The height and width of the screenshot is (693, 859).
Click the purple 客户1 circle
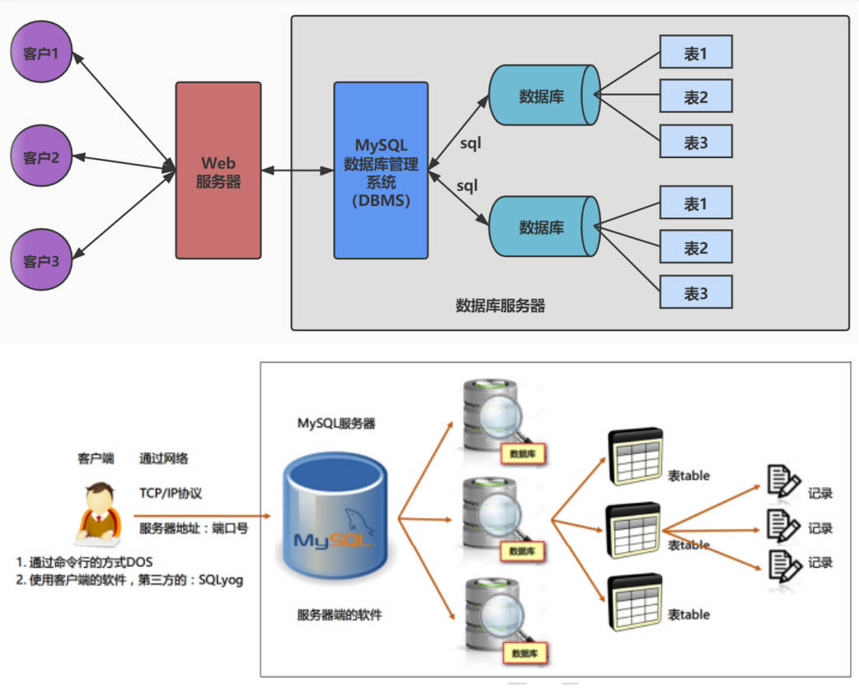pyautogui.click(x=41, y=52)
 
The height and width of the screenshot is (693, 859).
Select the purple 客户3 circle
pyautogui.click(x=41, y=260)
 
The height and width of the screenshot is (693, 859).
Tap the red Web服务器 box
pyautogui.click(x=218, y=171)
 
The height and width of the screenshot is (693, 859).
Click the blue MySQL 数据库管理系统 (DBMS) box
pyautogui.click(x=381, y=171)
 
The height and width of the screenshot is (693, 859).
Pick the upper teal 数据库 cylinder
pyautogui.click(x=544, y=96)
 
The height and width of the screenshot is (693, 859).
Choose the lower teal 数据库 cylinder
pyautogui.click(x=544, y=227)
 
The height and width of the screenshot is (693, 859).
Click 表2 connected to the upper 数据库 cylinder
pyautogui.click(x=696, y=96)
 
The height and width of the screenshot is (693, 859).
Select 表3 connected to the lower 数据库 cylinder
pyautogui.click(x=696, y=293)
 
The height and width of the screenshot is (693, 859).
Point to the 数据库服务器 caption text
pyautogui.click(x=500, y=306)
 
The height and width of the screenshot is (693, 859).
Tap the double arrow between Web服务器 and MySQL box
pyautogui.click(x=298, y=171)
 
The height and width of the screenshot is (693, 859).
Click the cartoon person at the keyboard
pyautogui.click(x=99, y=513)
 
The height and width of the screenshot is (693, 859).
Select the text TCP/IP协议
pyautogui.click(x=171, y=494)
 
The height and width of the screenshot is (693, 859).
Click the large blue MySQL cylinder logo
pyautogui.click(x=335, y=514)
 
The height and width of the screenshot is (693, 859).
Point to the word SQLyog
pyautogui.click(x=221, y=580)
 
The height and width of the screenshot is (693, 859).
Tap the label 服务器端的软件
pyautogui.click(x=339, y=615)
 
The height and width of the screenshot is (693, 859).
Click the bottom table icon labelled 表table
pyautogui.click(x=636, y=602)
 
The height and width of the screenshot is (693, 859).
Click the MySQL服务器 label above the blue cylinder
pyautogui.click(x=336, y=424)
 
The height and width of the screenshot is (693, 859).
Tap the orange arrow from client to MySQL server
pyautogui.click(x=202, y=516)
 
